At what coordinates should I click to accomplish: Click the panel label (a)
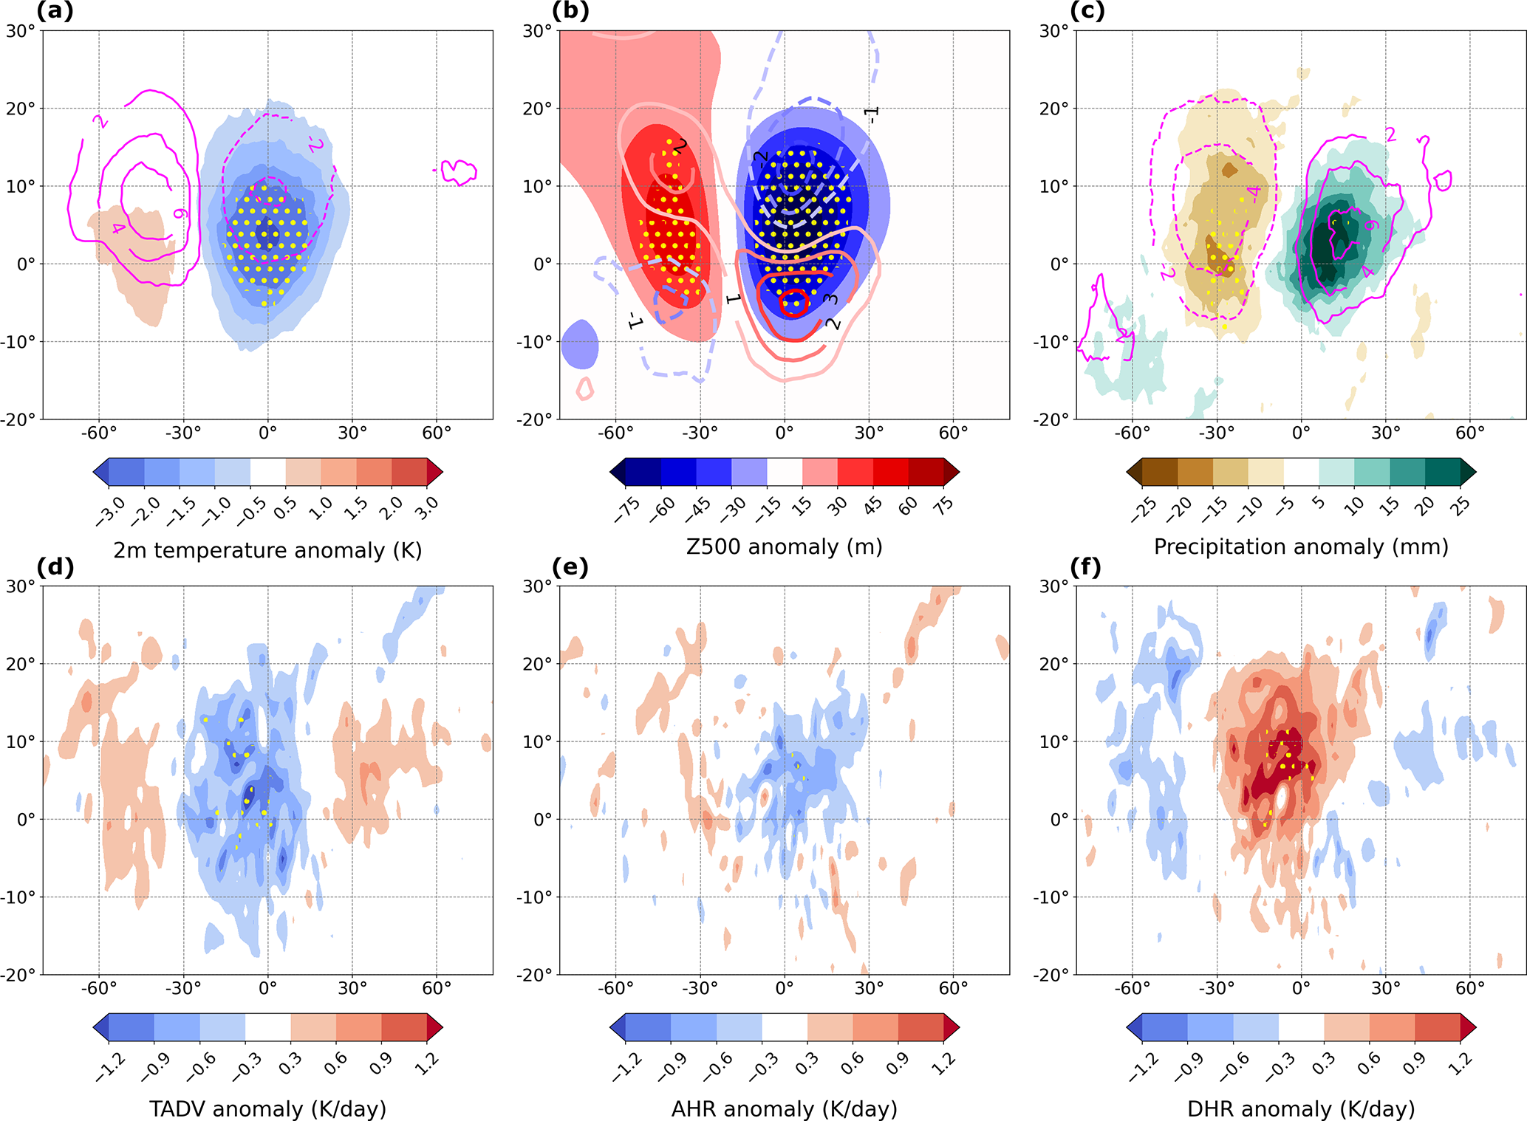coord(55,12)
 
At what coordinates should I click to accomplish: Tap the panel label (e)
coord(570,567)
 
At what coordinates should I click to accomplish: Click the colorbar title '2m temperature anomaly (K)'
coord(267,550)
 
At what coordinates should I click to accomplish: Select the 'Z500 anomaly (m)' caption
coord(784,547)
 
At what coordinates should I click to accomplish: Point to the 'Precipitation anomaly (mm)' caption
coord(1301,547)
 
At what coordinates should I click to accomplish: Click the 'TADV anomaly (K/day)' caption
coord(267,1108)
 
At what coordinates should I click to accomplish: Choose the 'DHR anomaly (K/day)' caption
coord(1301,1108)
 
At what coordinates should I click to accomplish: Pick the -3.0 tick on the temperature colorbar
coord(109,510)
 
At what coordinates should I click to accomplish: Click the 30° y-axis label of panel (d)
coord(21,586)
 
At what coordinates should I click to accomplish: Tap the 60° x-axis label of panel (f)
coord(1470,988)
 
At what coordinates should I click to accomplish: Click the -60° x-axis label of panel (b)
coord(615,433)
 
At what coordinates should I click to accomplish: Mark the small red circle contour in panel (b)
coord(794,303)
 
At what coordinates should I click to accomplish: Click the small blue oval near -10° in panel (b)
coord(580,344)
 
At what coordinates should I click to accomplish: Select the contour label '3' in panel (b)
coord(830,299)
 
